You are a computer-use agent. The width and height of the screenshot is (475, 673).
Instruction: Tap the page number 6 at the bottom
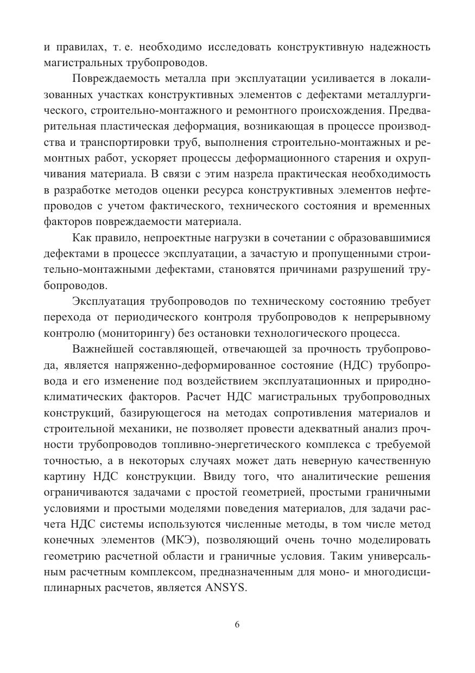click(x=237, y=624)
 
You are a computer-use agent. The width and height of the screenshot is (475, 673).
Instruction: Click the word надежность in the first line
click(x=401, y=47)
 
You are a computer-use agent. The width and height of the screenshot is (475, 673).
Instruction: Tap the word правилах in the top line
click(x=79, y=47)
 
